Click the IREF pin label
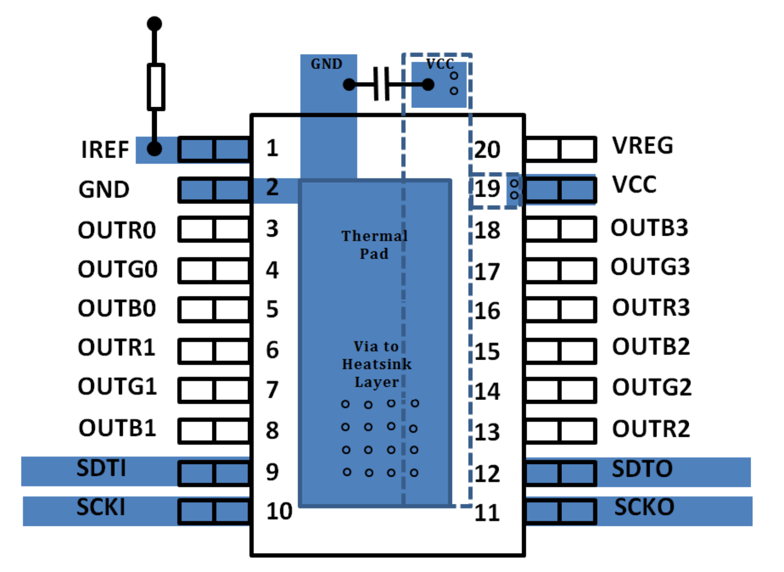click(105, 149)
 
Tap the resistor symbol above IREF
click(156, 87)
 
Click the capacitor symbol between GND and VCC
click(381, 84)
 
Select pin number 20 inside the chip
click(487, 149)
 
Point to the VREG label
click(642, 145)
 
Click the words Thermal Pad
click(374, 245)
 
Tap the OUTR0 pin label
click(117, 230)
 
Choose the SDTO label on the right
click(642, 469)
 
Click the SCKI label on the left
click(101, 508)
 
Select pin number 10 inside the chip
click(279, 511)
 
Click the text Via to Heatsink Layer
click(376, 364)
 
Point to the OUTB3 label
click(649, 228)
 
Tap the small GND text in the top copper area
click(326, 64)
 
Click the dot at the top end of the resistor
click(154, 24)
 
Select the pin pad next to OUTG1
click(214, 389)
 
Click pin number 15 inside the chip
click(487, 352)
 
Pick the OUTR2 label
click(651, 429)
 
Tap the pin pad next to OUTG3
click(560, 270)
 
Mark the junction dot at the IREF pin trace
click(154, 149)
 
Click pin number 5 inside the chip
click(272, 309)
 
